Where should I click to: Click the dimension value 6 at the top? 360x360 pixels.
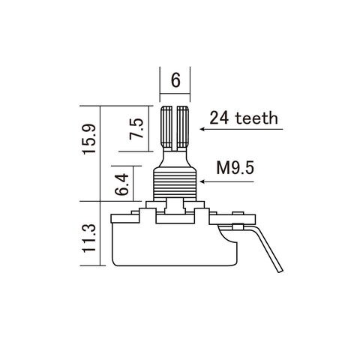pyautogui.click(x=175, y=80)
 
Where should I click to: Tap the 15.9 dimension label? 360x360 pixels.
pyautogui.click(x=89, y=139)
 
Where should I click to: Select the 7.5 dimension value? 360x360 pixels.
pyautogui.click(x=136, y=129)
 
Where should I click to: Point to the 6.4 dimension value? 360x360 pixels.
pyautogui.click(x=121, y=184)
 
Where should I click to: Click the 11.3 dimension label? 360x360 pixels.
pyautogui.click(x=89, y=238)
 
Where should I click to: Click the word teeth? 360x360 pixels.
pyautogui.click(x=256, y=118)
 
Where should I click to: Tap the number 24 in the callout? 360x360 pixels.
pyautogui.click(x=219, y=118)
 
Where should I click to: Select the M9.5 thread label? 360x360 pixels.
pyautogui.click(x=235, y=168)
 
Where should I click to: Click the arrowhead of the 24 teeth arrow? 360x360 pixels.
pyautogui.click(x=202, y=129)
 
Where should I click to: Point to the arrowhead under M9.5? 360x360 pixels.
pyautogui.click(x=202, y=181)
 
